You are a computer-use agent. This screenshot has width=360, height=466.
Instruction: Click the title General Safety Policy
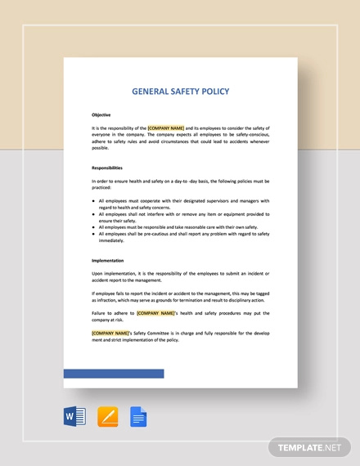[x=180, y=92]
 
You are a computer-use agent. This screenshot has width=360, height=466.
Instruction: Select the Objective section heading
[x=101, y=114]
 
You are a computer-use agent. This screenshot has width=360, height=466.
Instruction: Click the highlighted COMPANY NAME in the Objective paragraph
[x=166, y=128]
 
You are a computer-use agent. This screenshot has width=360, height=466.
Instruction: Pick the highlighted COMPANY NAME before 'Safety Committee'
[x=110, y=333]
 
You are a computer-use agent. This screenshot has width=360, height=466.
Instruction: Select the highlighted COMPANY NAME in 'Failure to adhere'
[x=155, y=313]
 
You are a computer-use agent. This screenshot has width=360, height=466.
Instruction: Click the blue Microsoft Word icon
[x=74, y=416]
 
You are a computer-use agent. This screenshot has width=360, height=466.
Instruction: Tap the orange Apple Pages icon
[x=107, y=416]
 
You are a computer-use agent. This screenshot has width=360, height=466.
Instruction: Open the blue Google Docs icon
[x=138, y=416]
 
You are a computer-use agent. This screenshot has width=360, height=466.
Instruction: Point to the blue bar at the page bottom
[x=114, y=374]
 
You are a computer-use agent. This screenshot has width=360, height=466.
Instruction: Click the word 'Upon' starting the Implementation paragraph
[x=98, y=273]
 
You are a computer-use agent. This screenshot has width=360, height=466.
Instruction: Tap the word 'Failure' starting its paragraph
[x=101, y=313]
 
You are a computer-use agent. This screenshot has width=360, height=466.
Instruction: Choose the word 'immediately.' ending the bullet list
[x=111, y=240]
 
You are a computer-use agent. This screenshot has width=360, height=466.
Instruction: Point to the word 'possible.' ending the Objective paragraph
[x=100, y=148]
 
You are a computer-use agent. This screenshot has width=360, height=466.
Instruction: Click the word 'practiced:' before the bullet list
[x=102, y=187]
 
